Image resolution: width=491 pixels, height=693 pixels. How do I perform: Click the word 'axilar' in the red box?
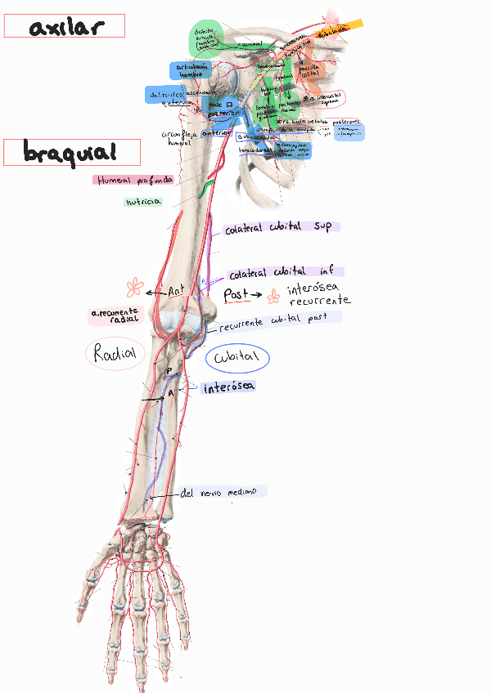pyautogui.click(x=65, y=27)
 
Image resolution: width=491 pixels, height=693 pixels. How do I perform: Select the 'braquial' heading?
pyautogui.click(x=70, y=152)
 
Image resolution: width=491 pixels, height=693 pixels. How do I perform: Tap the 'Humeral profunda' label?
pyautogui.click(x=133, y=180)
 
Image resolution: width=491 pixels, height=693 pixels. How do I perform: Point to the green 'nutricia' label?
pyautogui.click(x=143, y=201)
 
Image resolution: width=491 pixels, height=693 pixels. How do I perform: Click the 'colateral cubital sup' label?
pyautogui.click(x=278, y=228)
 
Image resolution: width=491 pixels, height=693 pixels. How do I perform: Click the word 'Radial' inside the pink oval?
pyautogui.click(x=115, y=354)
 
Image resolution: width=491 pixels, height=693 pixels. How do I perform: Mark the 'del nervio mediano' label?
pyautogui.click(x=218, y=492)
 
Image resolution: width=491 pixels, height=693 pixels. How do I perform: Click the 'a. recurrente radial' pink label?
pyautogui.click(x=115, y=316)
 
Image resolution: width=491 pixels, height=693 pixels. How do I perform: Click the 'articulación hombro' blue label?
pyautogui.click(x=190, y=70)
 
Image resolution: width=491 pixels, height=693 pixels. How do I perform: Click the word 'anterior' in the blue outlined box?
pyautogui.click(x=216, y=134)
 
